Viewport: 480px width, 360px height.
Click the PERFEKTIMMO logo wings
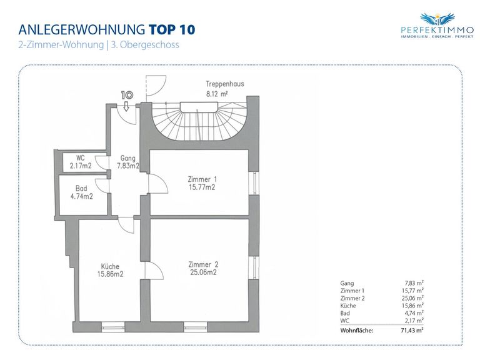pyautogui.click(x=437, y=19)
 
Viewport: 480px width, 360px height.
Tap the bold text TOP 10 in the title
pyautogui.click(x=172, y=30)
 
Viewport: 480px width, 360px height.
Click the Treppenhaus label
pyautogui.click(x=225, y=84)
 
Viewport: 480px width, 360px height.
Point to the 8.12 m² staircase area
pyautogui.click(x=217, y=94)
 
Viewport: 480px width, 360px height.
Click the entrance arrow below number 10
pyautogui.click(x=126, y=107)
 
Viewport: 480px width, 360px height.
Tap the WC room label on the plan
pyautogui.click(x=81, y=158)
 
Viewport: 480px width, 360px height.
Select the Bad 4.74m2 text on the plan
pyautogui.click(x=81, y=192)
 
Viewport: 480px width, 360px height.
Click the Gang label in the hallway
pyautogui.click(x=127, y=158)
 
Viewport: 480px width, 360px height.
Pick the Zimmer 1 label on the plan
pyautogui.click(x=202, y=179)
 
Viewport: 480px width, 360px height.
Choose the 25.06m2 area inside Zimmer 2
pyautogui.click(x=203, y=272)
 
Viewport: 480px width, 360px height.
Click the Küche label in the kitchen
pyautogui.click(x=110, y=266)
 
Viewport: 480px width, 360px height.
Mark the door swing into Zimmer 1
pyautogui.click(x=158, y=183)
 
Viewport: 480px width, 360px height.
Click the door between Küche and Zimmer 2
pyautogui.click(x=154, y=271)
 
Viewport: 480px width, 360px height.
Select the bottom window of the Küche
pyautogui.click(x=113, y=327)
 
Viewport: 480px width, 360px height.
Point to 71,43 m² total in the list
pyautogui.click(x=412, y=330)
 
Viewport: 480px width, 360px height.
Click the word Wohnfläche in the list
pyautogui.click(x=357, y=331)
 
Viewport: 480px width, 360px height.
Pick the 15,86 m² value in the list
pyautogui.click(x=412, y=306)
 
